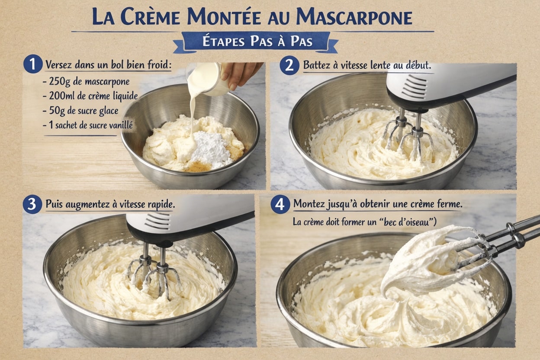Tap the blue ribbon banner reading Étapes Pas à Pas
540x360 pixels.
[x=257, y=42]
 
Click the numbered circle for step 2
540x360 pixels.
[x=289, y=66]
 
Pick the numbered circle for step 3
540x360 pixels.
[x=32, y=204]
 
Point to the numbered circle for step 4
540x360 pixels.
[x=280, y=204]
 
